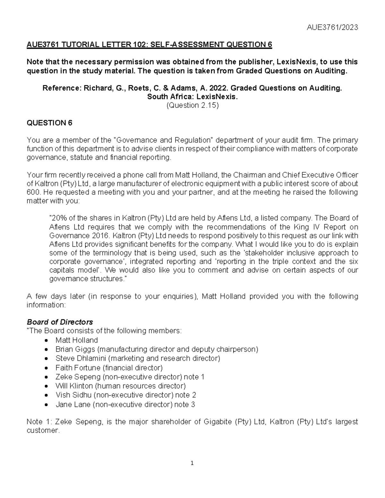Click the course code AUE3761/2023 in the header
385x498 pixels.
click(x=332, y=27)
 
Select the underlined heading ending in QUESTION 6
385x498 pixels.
click(x=149, y=45)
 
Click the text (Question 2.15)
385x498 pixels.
click(x=192, y=105)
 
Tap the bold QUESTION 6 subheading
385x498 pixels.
click(x=50, y=123)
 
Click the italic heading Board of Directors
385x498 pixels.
click(x=60, y=322)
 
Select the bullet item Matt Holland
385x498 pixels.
click(x=76, y=340)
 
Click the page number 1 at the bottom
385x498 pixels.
click(x=192, y=463)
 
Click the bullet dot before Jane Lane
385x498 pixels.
click(x=47, y=405)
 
